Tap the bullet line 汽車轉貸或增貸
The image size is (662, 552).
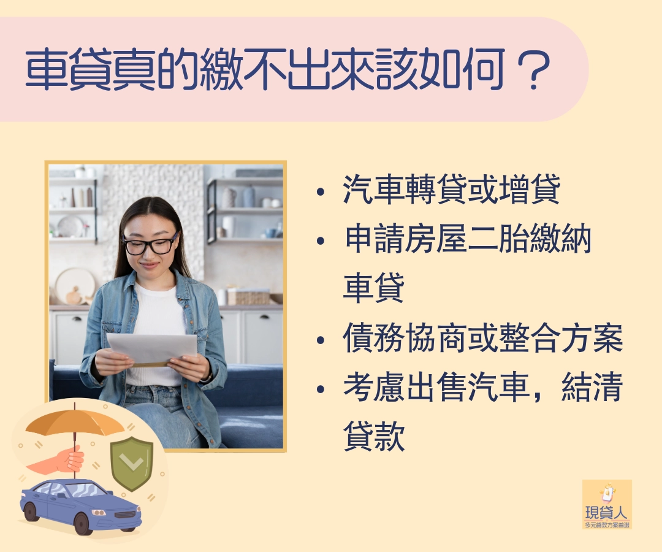452,189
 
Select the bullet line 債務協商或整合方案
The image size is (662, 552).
483,338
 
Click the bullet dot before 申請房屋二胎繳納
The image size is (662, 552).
321,241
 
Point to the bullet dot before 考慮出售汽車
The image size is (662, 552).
321,389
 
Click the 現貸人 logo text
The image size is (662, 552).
607,513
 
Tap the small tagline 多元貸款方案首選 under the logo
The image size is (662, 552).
607,525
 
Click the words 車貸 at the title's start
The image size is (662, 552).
68,70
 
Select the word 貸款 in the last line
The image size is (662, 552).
374,436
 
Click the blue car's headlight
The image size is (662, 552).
99,513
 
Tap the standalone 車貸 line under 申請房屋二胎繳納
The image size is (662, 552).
374,288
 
